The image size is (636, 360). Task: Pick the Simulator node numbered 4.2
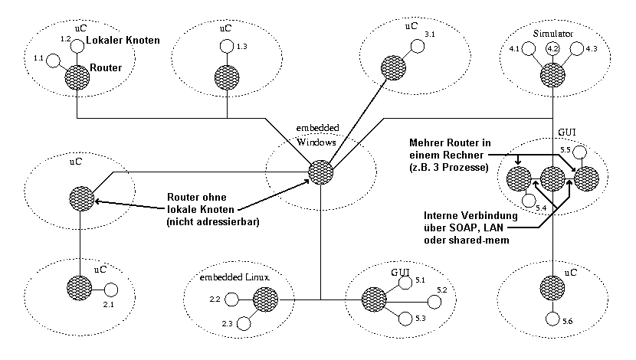[552, 51]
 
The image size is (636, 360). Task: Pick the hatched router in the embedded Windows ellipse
[320, 171]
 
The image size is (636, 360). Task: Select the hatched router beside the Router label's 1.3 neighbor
[227, 77]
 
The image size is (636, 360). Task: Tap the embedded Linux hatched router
[265, 297]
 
